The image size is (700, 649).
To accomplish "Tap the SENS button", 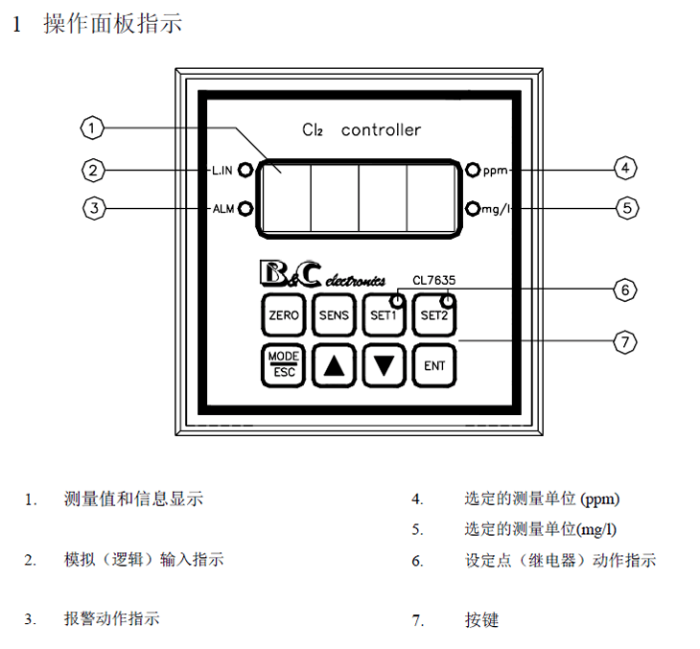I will (x=335, y=314).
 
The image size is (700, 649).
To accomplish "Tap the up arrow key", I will (x=335, y=365).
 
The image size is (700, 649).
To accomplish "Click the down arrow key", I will (x=385, y=365).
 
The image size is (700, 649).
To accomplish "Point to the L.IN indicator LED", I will (x=245, y=171).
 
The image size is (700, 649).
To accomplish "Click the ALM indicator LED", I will (x=245, y=208).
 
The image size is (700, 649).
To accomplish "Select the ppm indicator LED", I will (x=472, y=171).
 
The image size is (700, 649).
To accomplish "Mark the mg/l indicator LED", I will (x=472, y=208).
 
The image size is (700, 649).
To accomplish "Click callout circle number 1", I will (x=91, y=127).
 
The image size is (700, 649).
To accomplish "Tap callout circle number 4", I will (x=624, y=170).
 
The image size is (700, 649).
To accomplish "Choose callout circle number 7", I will (x=624, y=340).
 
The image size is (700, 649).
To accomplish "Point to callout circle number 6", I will (x=624, y=289).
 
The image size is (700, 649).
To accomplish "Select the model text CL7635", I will (x=433, y=280).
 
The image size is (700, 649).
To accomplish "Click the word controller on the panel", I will (x=381, y=130).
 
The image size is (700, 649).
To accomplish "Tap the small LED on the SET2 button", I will (x=446, y=298).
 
